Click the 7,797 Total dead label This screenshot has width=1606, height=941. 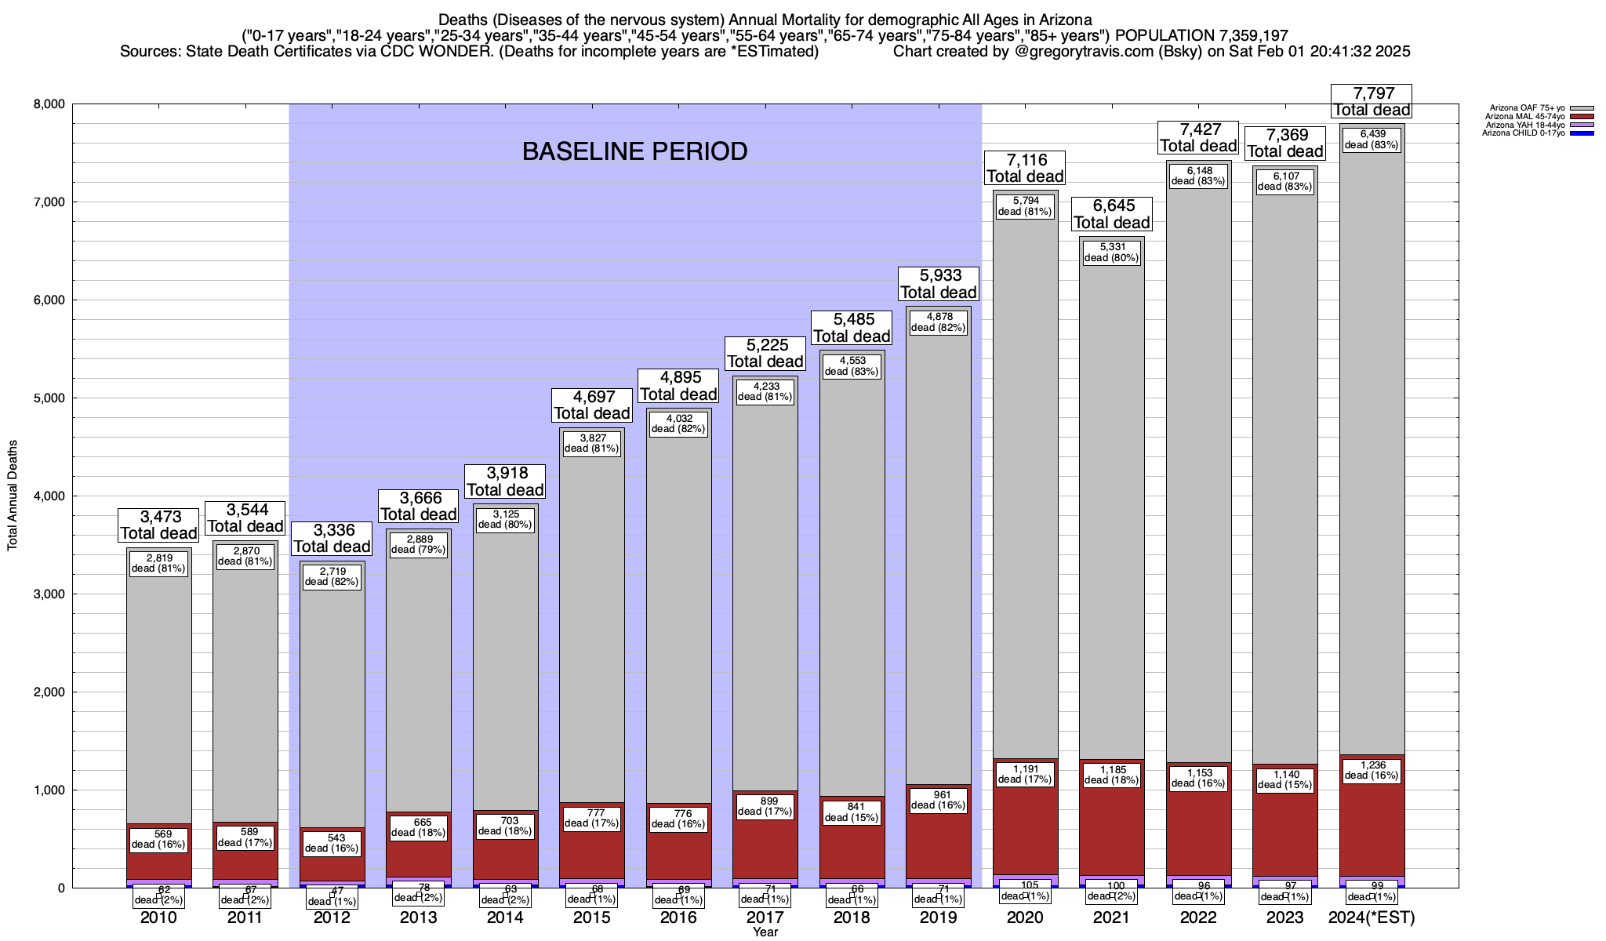click(x=1372, y=102)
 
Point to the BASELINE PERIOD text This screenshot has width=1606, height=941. click(x=634, y=151)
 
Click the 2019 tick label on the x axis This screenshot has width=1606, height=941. click(x=939, y=917)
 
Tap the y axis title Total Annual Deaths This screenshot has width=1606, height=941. click(x=13, y=496)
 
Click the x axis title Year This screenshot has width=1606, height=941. click(x=765, y=932)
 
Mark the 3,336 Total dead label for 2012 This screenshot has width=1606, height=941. click(x=332, y=539)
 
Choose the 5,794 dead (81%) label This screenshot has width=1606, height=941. click(x=1025, y=205)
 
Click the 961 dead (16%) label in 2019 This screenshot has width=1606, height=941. click(x=939, y=799)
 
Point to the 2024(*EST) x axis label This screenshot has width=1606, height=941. click(x=1372, y=917)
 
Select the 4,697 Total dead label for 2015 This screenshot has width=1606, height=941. click(x=592, y=405)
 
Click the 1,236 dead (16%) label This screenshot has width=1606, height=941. click(x=1372, y=770)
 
